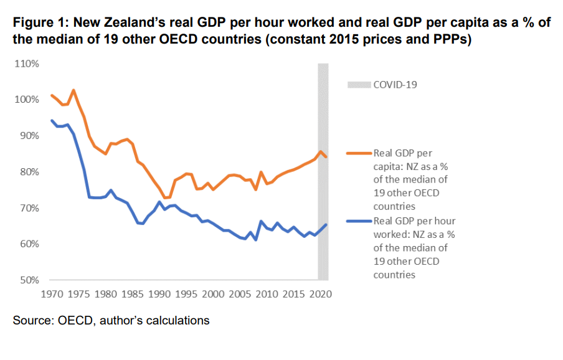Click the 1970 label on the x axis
click(52, 293)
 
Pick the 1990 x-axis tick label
click(159, 293)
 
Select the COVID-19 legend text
click(395, 84)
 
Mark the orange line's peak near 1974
click(73, 90)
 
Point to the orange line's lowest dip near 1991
click(165, 198)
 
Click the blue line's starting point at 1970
click(52, 120)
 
